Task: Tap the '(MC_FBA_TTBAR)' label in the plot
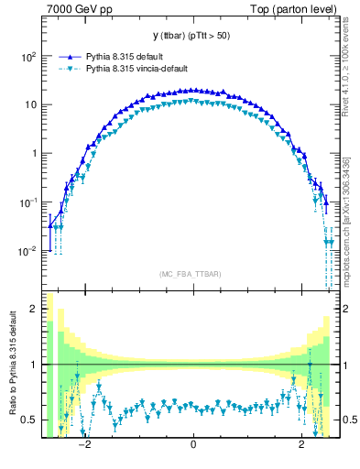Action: coord(192,274)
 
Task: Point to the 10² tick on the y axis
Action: coord(27,56)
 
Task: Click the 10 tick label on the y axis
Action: coord(29,104)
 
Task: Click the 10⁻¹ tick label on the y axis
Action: coord(27,202)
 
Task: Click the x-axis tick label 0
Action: coord(193,446)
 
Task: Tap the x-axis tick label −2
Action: coord(83,446)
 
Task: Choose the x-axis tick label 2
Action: coord(302,446)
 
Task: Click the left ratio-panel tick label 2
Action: coord(34,310)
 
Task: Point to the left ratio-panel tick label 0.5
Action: coord(30,420)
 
